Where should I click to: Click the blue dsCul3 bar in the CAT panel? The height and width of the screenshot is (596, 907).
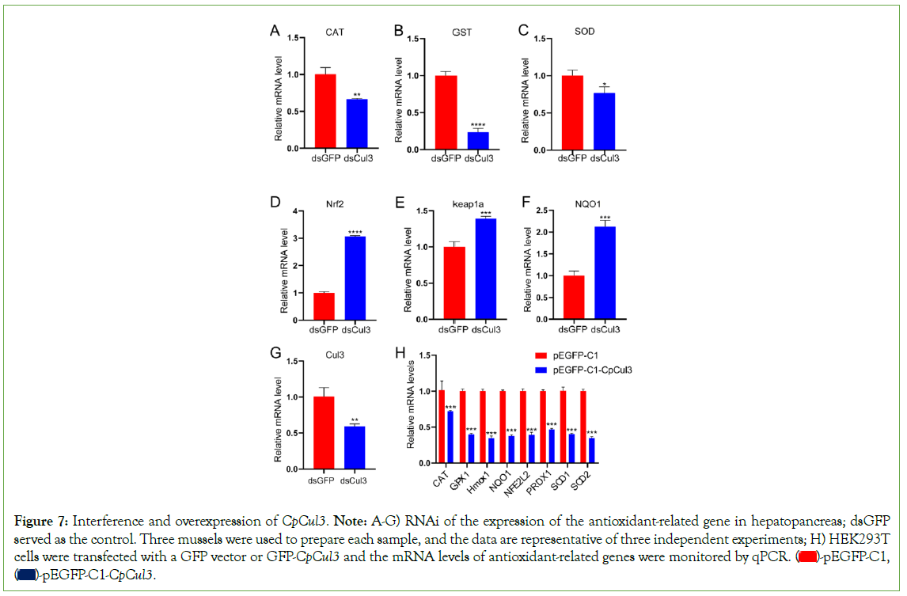356,123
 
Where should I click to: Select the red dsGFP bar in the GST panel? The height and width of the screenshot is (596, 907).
446,112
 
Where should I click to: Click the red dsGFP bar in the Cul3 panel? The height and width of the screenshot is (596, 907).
323,430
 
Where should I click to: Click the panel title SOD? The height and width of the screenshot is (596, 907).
585,32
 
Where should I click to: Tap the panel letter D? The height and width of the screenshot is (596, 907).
275,201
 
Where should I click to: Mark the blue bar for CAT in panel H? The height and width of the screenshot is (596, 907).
450,437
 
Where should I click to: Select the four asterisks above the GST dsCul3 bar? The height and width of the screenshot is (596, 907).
478,125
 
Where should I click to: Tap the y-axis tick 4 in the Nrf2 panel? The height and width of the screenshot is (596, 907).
296,211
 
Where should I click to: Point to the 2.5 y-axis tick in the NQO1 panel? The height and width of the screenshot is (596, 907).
544,211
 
